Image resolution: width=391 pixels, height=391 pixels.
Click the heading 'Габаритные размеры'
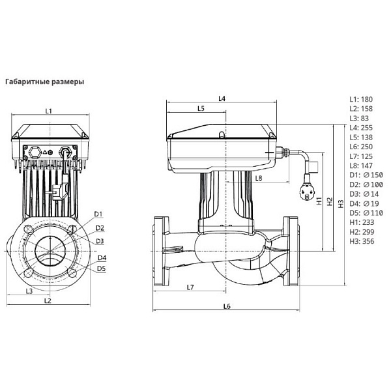coord(44,82)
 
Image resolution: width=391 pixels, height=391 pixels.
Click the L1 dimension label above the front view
coord(49,111)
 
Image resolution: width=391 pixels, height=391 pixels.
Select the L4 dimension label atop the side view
coord(222,99)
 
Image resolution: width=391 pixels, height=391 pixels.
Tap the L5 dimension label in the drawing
coord(201,108)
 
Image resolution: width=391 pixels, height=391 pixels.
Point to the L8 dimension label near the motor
coord(259,179)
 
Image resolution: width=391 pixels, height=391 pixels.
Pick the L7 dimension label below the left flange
coord(190,287)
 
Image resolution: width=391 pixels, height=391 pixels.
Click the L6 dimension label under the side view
coord(227,306)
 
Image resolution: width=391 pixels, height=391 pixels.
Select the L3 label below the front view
coord(29,291)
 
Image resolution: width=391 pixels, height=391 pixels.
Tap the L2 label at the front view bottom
coord(48,300)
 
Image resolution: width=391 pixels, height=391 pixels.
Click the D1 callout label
coord(98,214)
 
